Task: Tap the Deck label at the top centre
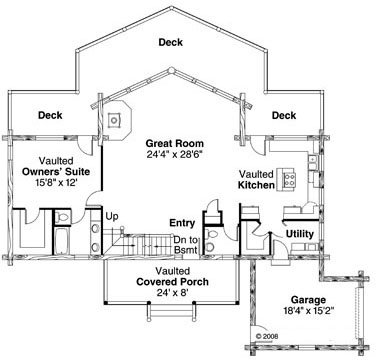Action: point(170,43)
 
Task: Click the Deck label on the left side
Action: point(51,114)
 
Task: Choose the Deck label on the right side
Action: point(284,114)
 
